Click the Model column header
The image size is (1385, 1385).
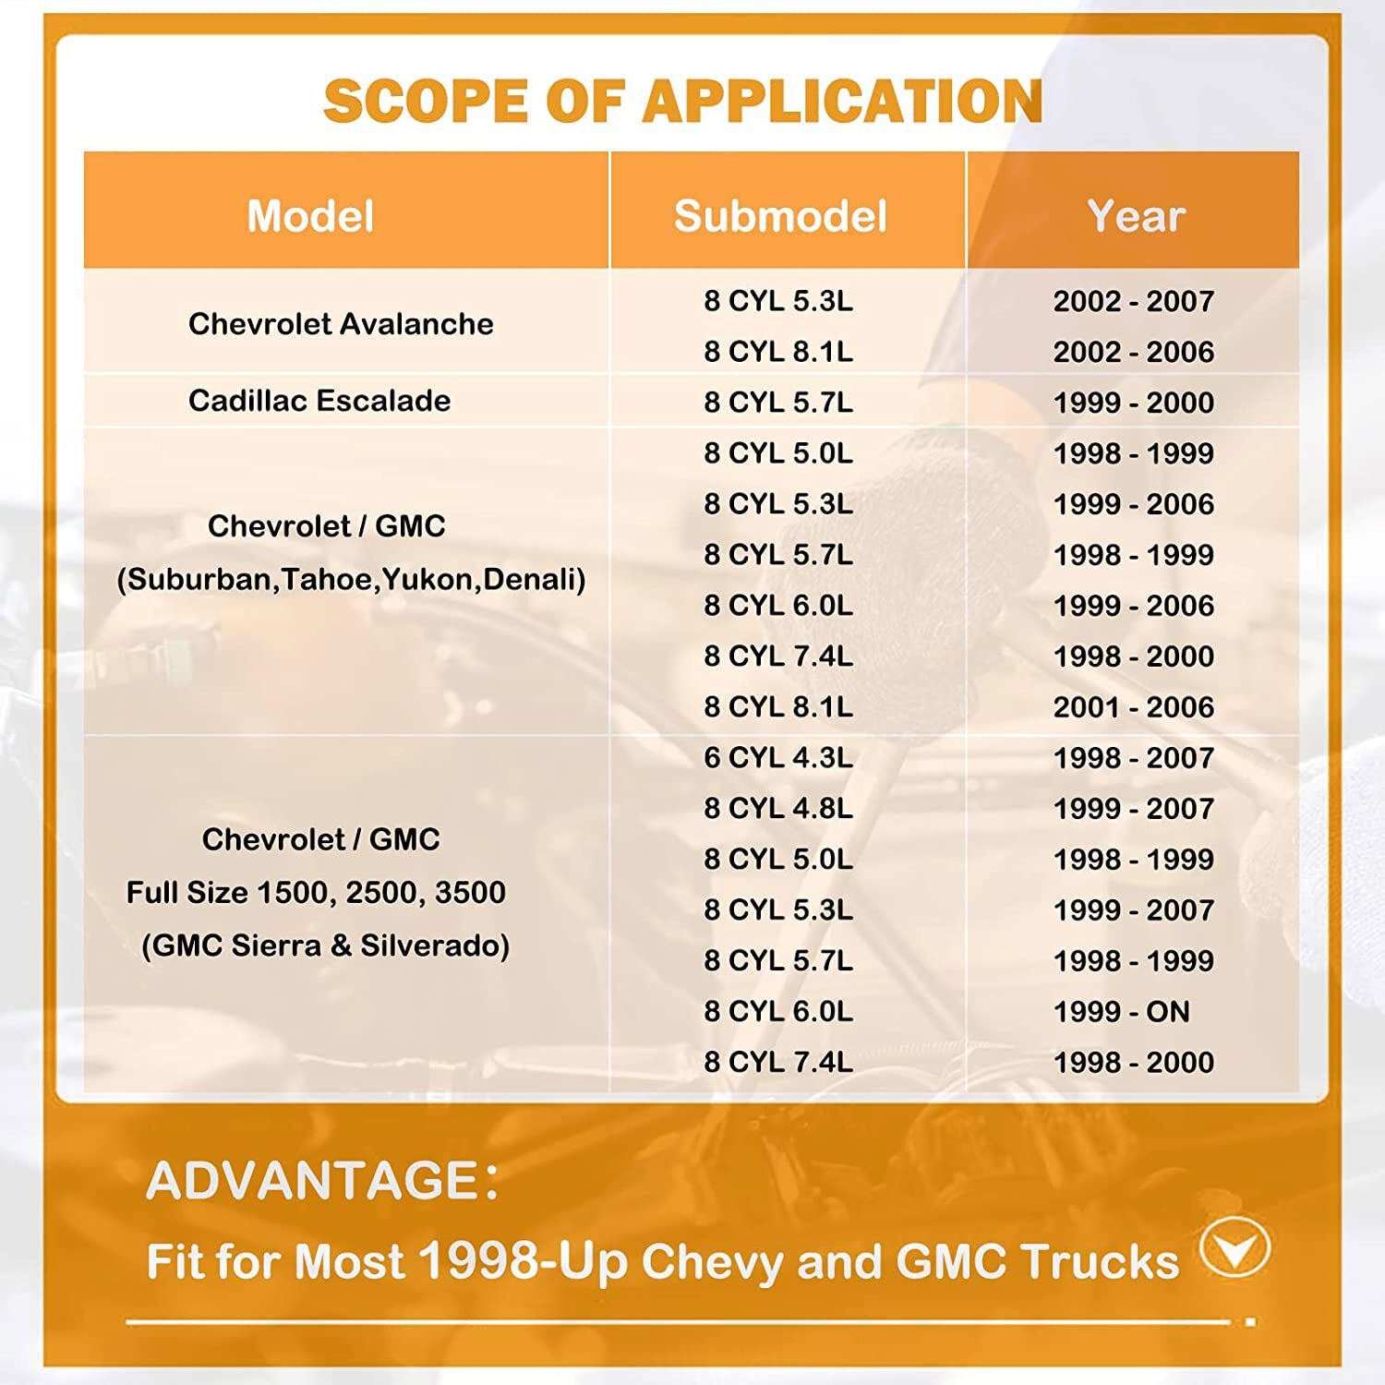[x=310, y=216]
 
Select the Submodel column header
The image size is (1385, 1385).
[x=780, y=216]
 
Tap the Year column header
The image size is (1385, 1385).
[x=1136, y=216]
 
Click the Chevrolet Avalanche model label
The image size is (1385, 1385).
[x=341, y=324]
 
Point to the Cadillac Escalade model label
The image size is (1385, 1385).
[x=319, y=401]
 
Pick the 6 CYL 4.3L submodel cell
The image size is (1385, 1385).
[x=778, y=758]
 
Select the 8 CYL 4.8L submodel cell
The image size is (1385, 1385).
[x=778, y=809]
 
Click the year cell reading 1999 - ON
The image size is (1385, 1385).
[x=1122, y=1012]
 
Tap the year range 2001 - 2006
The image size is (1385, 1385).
[x=1134, y=707]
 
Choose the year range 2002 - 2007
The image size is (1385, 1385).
[x=1134, y=301]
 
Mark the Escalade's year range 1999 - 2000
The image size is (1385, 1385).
[x=1134, y=403]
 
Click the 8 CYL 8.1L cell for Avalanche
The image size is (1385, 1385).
[x=778, y=352]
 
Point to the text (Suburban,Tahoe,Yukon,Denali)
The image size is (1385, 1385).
[x=351, y=580]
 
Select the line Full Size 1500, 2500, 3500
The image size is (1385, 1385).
[x=316, y=893]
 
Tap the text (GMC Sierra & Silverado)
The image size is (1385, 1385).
[x=325, y=945]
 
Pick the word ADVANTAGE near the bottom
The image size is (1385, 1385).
[x=311, y=1181]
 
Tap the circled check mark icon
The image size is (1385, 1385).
[x=1235, y=1248]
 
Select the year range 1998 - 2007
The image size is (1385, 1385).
[x=1134, y=758]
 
